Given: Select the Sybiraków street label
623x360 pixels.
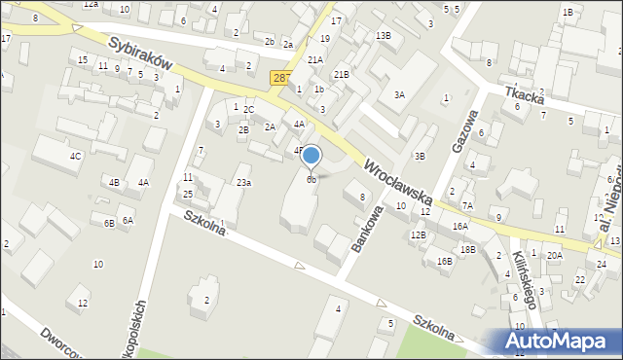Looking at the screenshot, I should [x=140, y=56].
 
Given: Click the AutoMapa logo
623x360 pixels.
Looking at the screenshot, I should [x=561, y=341].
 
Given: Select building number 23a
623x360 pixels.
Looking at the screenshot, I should [x=243, y=182].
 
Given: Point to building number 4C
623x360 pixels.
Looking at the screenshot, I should [x=75, y=156].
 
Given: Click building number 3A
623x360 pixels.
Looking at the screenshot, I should [x=399, y=94].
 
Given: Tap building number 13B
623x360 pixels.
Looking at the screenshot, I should [x=384, y=36].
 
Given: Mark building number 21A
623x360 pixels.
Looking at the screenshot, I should [x=314, y=59].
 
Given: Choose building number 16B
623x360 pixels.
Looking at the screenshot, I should [x=444, y=261].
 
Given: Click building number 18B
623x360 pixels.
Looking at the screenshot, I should [x=468, y=249].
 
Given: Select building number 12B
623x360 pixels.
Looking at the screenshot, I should [x=418, y=234].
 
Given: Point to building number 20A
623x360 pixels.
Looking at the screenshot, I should [x=554, y=255].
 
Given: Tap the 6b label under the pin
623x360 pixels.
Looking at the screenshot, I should [x=311, y=179].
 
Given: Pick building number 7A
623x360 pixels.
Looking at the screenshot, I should [x=467, y=205].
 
